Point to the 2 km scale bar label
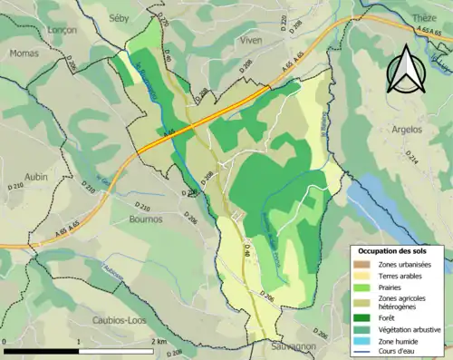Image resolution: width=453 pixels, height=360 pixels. (159, 341)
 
